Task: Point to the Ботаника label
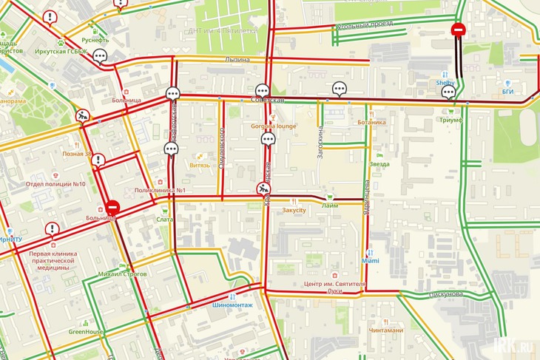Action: tap(371, 122)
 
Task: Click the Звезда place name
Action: tap(379, 164)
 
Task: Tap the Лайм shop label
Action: tap(330, 206)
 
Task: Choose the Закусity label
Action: tap(294, 210)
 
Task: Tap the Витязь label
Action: tap(200, 166)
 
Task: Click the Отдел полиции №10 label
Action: tap(55, 184)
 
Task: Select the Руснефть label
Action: tap(95, 40)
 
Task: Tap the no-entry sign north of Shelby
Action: tap(458, 30)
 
